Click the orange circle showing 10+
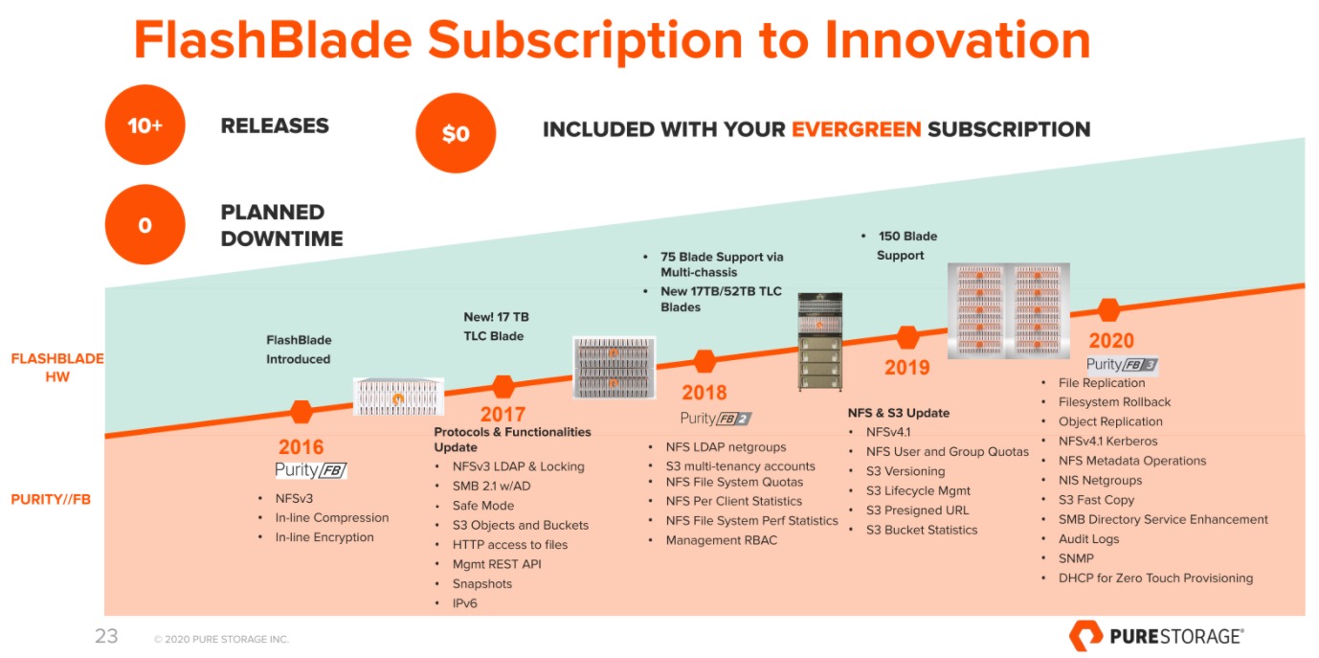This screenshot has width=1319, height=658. click(145, 125)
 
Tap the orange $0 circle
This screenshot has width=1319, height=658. click(456, 133)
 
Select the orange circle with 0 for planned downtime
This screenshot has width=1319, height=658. click(145, 224)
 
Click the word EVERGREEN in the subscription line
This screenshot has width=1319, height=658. click(856, 129)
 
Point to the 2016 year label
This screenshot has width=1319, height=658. click(301, 446)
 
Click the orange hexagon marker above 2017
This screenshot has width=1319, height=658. click(503, 386)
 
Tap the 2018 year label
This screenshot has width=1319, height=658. click(704, 393)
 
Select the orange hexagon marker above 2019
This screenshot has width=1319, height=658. click(907, 337)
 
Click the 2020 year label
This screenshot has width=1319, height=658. click(1111, 340)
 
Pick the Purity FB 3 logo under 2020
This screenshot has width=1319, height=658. click(1122, 365)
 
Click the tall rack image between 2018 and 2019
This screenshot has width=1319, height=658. click(820, 341)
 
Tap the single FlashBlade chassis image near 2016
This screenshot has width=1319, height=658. click(398, 397)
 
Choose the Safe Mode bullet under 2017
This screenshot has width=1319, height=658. click(482, 506)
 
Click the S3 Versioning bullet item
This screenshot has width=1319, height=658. click(905, 471)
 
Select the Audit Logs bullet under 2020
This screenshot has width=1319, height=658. click(1088, 539)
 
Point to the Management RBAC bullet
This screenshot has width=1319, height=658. click(722, 540)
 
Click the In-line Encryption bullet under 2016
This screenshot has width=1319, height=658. click(324, 537)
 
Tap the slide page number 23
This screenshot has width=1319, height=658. click(106, 636)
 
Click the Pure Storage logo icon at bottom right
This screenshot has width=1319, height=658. click(1085, 636)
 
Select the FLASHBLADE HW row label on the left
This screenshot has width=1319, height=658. click(57, 368)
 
